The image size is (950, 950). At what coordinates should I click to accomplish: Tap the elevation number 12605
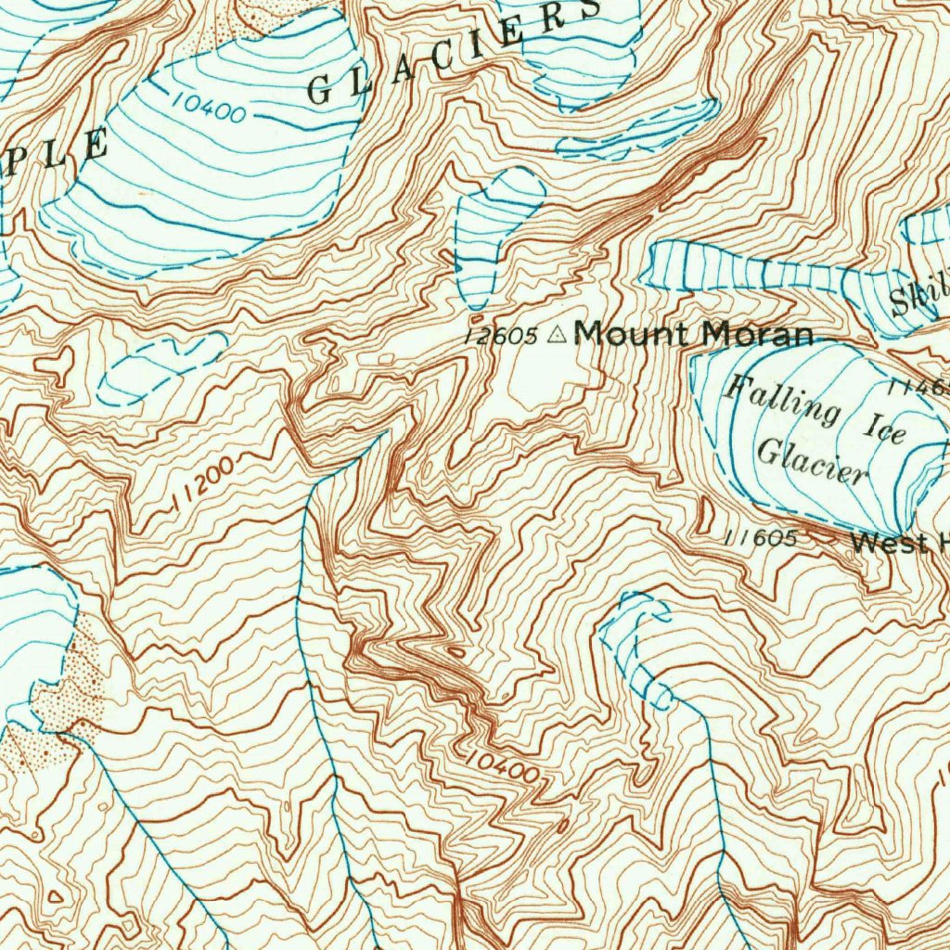click(502, 336)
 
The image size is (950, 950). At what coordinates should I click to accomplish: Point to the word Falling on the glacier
click(782, 400)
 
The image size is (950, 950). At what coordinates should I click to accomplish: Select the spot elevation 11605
click(760, 537)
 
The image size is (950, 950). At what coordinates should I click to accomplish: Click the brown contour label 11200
click(204, 487)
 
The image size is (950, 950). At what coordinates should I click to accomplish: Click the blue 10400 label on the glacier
click(209, 109)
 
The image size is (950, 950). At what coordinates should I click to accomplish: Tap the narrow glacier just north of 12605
click(492, 232)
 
